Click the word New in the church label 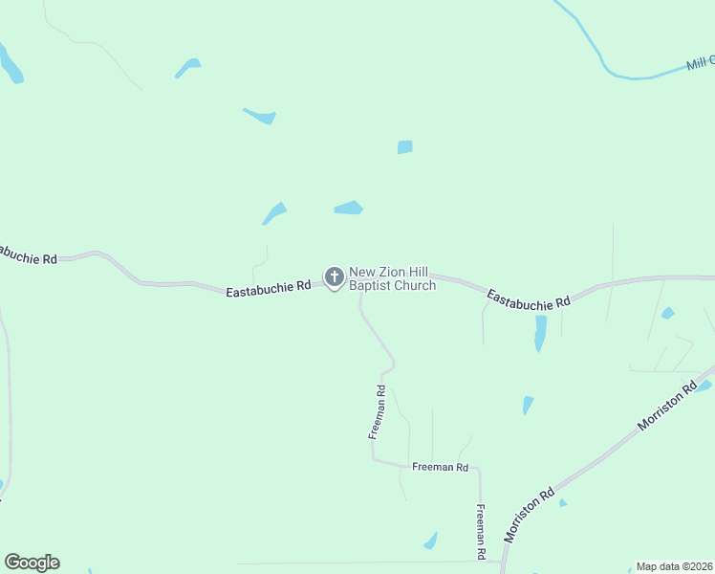(360, 273)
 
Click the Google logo (32, 563)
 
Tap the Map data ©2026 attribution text (674, 566)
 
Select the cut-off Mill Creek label (701, 64)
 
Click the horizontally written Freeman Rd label (440, 467)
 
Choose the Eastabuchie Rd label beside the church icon (269, 286)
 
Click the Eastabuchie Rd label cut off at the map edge (29, 255)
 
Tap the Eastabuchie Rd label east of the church (529, 298)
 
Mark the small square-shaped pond (404, 147)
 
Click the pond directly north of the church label (349, 208)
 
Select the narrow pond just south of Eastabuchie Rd (540, 332)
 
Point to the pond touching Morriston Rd (704, 386)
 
